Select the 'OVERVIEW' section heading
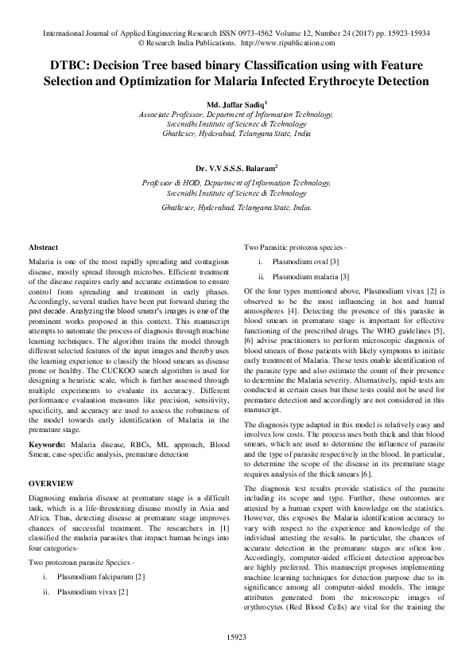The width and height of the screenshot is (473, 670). pos(51,483)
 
